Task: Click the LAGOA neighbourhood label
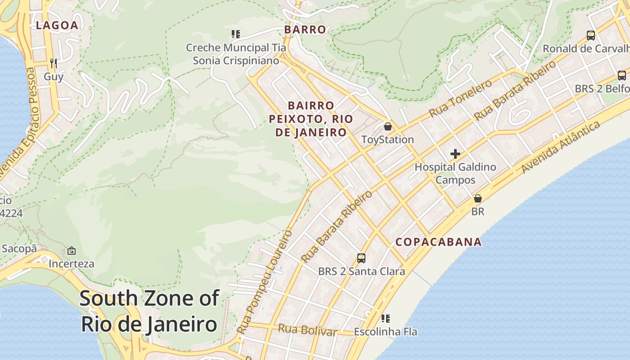pos(57,26)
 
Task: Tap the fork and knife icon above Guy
pos(54,63)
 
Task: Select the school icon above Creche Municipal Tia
pos(235,34)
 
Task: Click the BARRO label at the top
pos(305,30)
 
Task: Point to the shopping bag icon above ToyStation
pos(388,126)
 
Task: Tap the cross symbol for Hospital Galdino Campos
pos(455,154)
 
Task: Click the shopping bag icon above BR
pos(478,198)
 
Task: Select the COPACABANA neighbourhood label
pos(438,242)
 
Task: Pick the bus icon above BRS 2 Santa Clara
pos(361,258)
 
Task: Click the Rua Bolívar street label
pos(307,330)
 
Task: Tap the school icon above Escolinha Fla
pos(385,319)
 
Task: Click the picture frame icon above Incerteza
pos(71,251)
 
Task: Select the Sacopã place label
pos(19,248)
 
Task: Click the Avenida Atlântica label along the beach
pos(561,148)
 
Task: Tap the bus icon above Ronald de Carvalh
pos(590,35)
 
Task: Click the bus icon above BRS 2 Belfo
pos(621,75)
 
